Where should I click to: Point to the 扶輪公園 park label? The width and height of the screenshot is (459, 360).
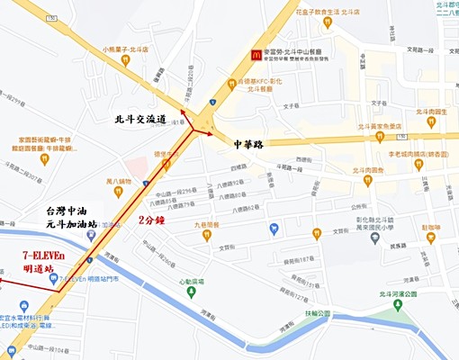(317, 313)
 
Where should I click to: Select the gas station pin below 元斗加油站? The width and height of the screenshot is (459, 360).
(91, 235)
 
